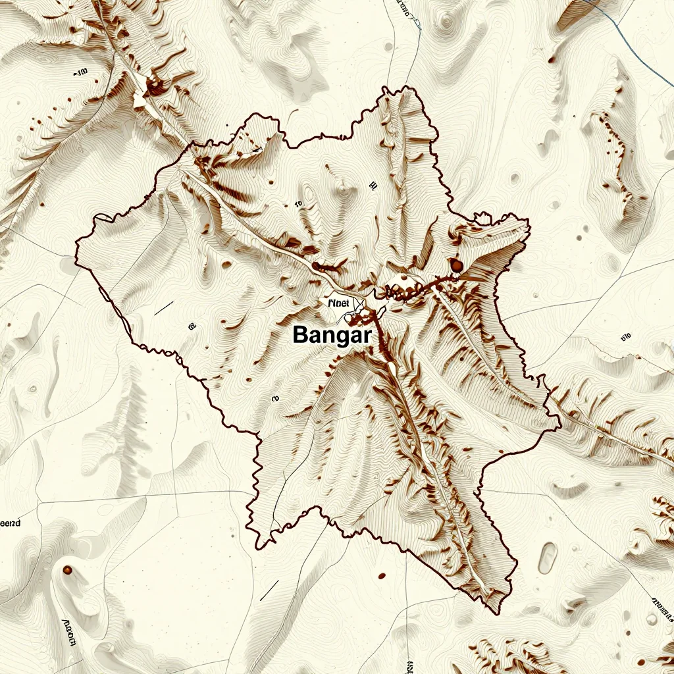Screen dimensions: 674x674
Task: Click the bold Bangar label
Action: [x=332, y=334]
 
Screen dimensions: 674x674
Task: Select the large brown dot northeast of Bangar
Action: [x=455, y=265]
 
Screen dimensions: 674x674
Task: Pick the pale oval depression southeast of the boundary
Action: [x=547, y=557]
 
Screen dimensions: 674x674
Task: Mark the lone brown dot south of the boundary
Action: [x=382, y=577]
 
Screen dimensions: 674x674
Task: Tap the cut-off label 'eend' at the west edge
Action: [x=10, y=524]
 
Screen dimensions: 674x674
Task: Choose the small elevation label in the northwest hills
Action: [x=82, y=72]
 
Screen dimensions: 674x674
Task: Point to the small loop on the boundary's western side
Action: [x=103, y=217]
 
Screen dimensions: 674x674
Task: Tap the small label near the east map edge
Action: [x=625, y=337]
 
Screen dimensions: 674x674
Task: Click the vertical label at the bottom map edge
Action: [x=411, y=665]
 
